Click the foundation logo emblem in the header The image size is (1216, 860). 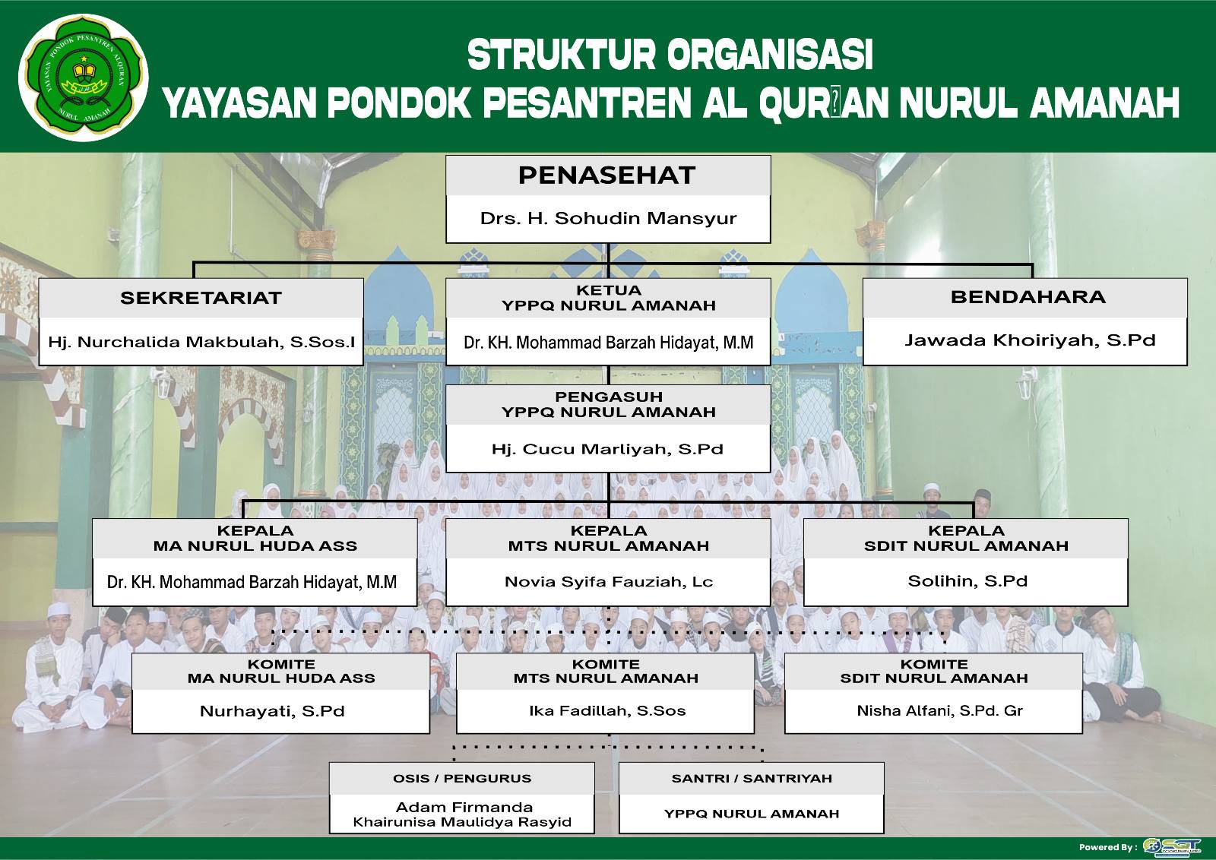coord(84,80)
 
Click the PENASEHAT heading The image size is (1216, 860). coord(607,175)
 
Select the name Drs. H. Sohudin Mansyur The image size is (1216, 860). coord(608,219)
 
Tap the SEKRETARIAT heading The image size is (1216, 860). coord(201,298)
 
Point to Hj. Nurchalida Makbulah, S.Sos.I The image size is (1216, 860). coord(201,342)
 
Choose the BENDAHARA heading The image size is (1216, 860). coord(1028,297)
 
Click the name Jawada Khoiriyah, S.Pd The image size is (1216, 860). coord(1030,340)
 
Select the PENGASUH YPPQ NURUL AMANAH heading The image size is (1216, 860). coord(608,404)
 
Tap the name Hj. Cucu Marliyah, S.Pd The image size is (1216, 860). coord(607,449)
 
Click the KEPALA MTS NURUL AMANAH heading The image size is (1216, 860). coord(608,538)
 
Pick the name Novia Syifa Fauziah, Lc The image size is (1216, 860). coord(608,582)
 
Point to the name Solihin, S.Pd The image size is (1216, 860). coord(967,581)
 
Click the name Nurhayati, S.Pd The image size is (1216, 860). coord(272,711)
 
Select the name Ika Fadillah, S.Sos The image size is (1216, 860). coord(607,711)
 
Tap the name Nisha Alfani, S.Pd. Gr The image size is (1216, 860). coord(939,711)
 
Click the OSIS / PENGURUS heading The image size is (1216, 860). coord(462,779)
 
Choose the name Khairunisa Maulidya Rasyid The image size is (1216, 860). coord(462,822)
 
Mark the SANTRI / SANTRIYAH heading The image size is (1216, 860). coord(752,779)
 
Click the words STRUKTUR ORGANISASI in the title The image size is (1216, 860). coord(670,55)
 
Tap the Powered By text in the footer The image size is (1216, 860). coord(1107,847)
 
